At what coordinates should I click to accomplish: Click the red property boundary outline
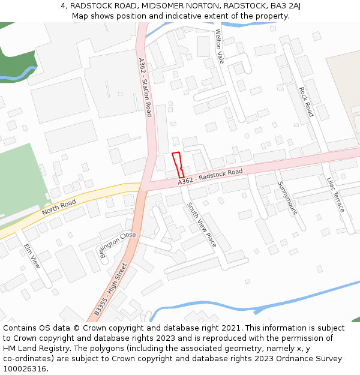178,164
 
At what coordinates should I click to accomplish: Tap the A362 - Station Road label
145,87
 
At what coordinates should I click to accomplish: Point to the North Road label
59,207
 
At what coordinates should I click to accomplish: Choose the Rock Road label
306,101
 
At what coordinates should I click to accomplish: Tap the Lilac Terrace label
336,194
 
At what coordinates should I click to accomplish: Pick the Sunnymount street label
287,197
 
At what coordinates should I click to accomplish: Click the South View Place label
201,225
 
